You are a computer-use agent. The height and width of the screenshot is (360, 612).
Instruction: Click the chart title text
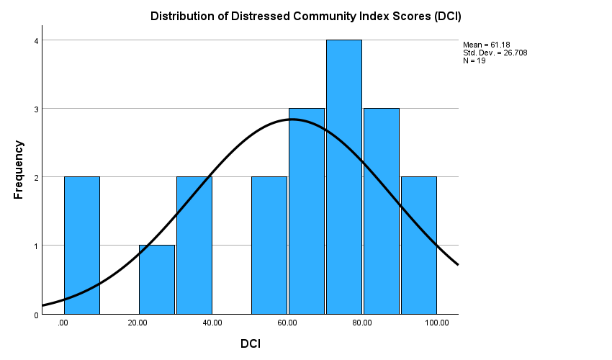click(x=305, y=16)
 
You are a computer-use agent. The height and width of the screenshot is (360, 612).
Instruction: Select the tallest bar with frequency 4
click(x=344, y=176)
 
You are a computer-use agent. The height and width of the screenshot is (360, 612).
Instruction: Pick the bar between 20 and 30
click(x=157, y=279)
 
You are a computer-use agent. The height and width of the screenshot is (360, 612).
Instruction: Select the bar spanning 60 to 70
click(x=307, y=211)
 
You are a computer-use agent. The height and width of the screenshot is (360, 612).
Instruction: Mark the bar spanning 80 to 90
click(x=382, y=211)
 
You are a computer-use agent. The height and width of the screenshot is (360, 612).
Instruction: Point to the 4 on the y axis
click(x=35, y=41)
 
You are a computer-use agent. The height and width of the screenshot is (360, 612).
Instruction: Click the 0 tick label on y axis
click(x=35, y=315)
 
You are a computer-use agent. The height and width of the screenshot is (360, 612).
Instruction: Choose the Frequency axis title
click(x=19, y=170)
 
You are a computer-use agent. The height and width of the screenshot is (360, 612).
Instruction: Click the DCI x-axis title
click(x=251, y=344)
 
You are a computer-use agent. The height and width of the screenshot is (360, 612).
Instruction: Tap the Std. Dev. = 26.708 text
click(x=495, y=53)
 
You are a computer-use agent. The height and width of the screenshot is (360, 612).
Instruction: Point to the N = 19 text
click(x=474, y=60)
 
